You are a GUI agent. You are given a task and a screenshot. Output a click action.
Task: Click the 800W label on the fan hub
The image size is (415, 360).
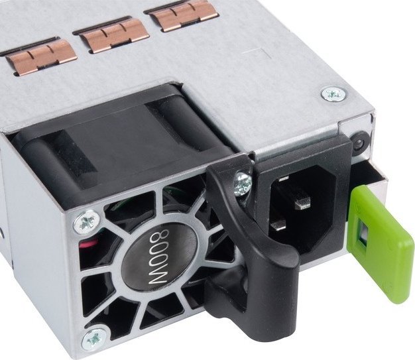coord(159,257)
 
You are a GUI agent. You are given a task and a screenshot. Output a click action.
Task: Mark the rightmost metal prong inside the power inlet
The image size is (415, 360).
coord(303,202)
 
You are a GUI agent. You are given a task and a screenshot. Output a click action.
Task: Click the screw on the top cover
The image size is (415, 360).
coord(333,93)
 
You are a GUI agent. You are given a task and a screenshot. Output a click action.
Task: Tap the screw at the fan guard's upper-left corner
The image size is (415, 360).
coord(87,222)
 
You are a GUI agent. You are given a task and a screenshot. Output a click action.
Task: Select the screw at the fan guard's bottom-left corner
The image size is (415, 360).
coord(95,339)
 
